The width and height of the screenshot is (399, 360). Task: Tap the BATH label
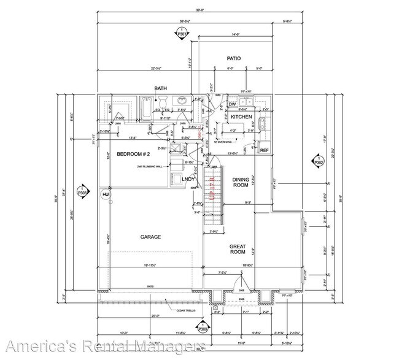pos(161,89)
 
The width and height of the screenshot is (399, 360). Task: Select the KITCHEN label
pos(241,117)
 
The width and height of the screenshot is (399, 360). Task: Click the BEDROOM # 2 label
pos(130,155)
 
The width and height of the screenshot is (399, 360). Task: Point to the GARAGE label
pos(150,236)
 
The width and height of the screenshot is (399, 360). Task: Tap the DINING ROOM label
pos(240,182)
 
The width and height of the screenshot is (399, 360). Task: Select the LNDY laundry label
pos(189,179)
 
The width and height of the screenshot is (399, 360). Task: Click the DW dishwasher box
pos(233,104)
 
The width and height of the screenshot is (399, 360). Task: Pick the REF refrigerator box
pos(265,150)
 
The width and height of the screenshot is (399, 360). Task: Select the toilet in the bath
pos(182,102)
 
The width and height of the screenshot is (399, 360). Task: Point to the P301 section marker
pos(181,34)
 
